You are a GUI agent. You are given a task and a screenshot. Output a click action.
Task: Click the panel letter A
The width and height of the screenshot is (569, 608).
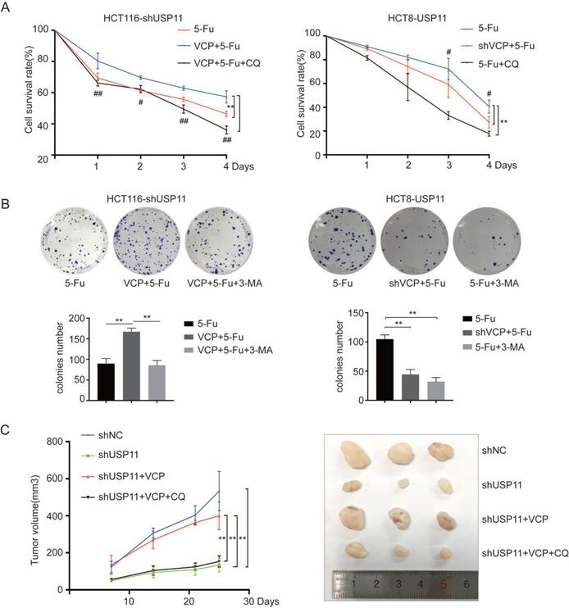tap(9, 9)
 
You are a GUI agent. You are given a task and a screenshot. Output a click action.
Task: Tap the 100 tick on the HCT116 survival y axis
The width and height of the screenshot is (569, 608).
tap(40, 29)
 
